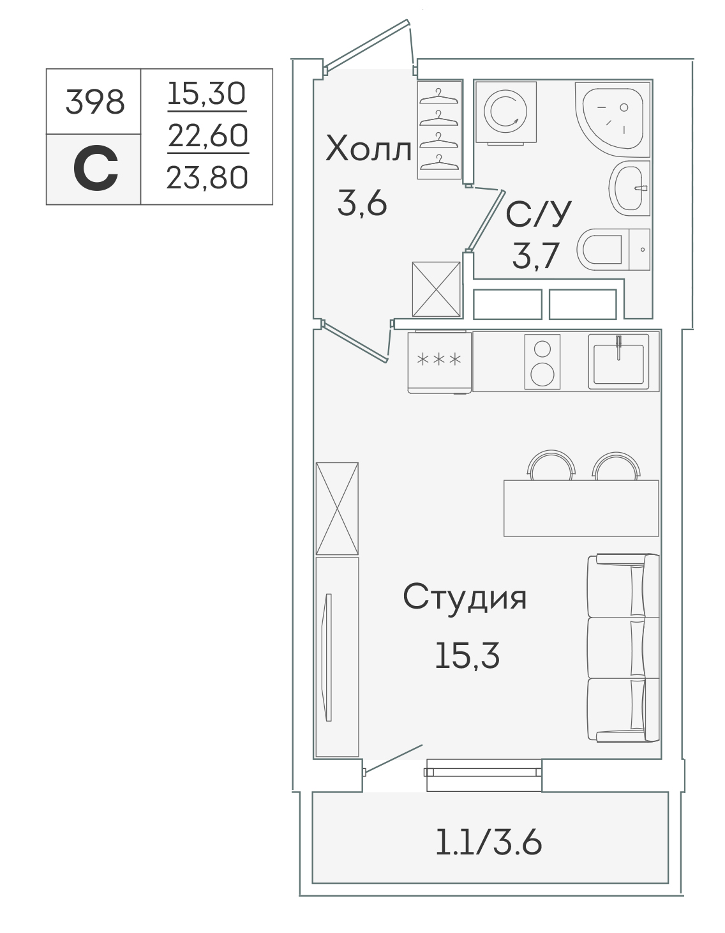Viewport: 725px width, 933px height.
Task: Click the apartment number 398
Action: (95, 103)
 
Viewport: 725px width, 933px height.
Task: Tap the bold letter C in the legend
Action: (95, 168)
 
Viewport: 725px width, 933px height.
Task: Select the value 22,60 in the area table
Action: (207, 135)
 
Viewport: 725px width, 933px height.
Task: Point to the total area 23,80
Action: (207, 178)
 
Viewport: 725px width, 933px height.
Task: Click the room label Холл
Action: (368, 149)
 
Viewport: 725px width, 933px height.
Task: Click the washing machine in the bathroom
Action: (506, 113)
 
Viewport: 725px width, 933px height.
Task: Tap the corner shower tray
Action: (613, 120)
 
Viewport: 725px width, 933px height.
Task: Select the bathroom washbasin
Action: (630, 188)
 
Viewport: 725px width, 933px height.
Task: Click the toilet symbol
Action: (613, 250)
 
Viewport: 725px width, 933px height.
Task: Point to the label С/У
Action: (539, 214)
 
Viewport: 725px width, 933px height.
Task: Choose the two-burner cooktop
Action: (542, 362)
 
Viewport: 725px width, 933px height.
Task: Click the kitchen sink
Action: (618, 361)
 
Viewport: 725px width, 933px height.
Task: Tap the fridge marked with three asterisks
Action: (439, 362)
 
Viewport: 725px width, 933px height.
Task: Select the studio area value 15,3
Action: (467, 656)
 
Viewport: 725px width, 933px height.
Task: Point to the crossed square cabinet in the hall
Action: (436, 289)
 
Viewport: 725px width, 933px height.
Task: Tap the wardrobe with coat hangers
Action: (439, 130)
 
